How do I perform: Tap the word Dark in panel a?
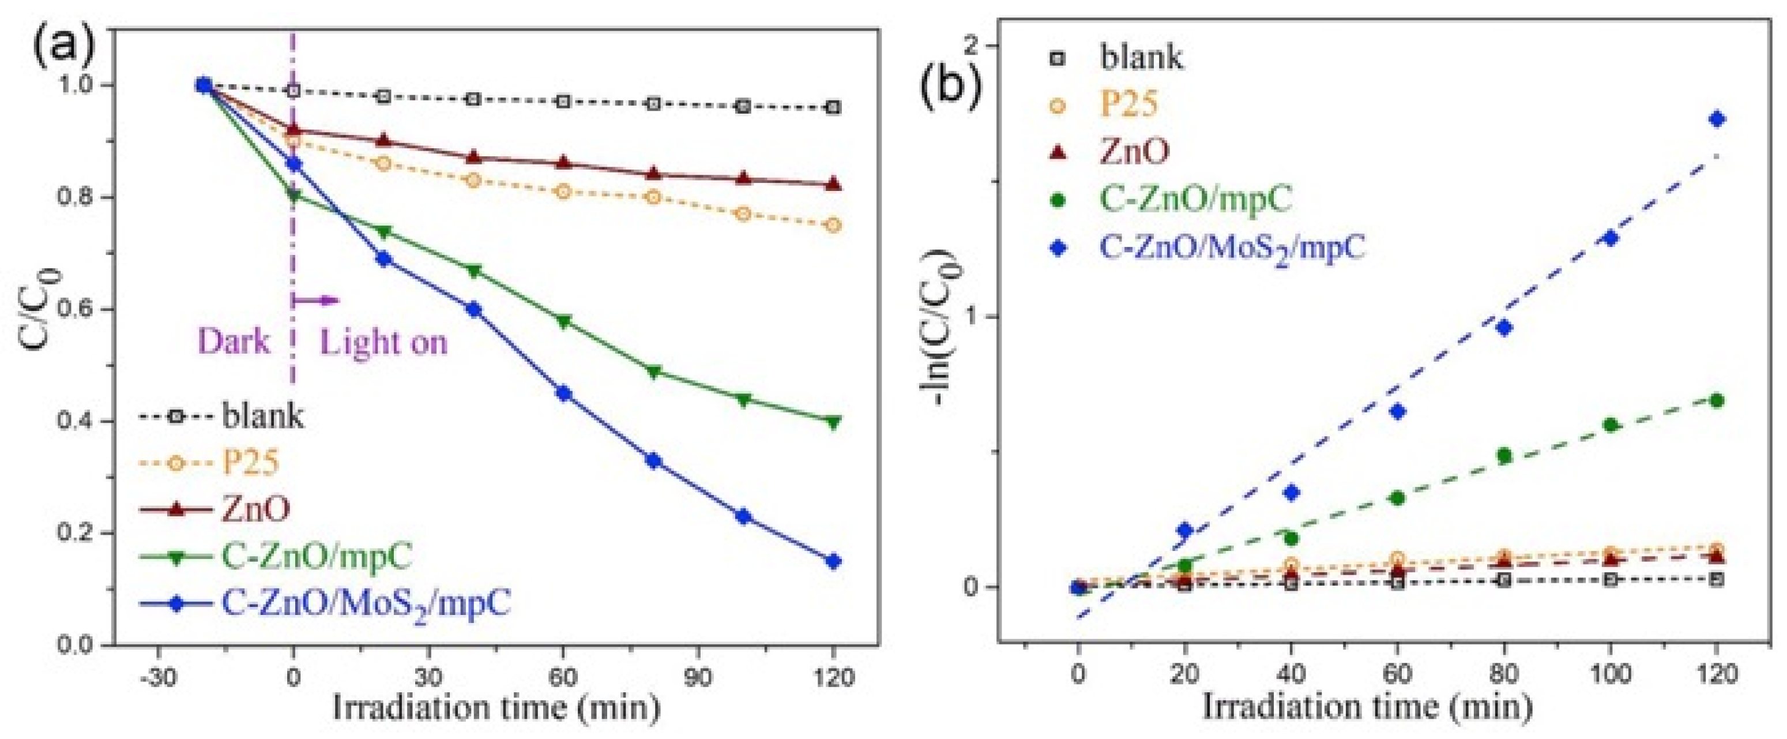[x=234, y=342]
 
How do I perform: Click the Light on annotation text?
[x=383, y=342]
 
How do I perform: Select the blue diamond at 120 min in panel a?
[x=833, y=561]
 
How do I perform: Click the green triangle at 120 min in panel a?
[x=833, y=422]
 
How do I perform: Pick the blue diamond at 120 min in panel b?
[x=1717, y=119]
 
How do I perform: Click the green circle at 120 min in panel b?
[x=1717, y=400]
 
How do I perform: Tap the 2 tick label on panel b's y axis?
[x=971, y=46]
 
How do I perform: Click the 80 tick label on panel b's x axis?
[x=1504, y=674]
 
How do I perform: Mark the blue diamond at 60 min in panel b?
[x=1398, y=411]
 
